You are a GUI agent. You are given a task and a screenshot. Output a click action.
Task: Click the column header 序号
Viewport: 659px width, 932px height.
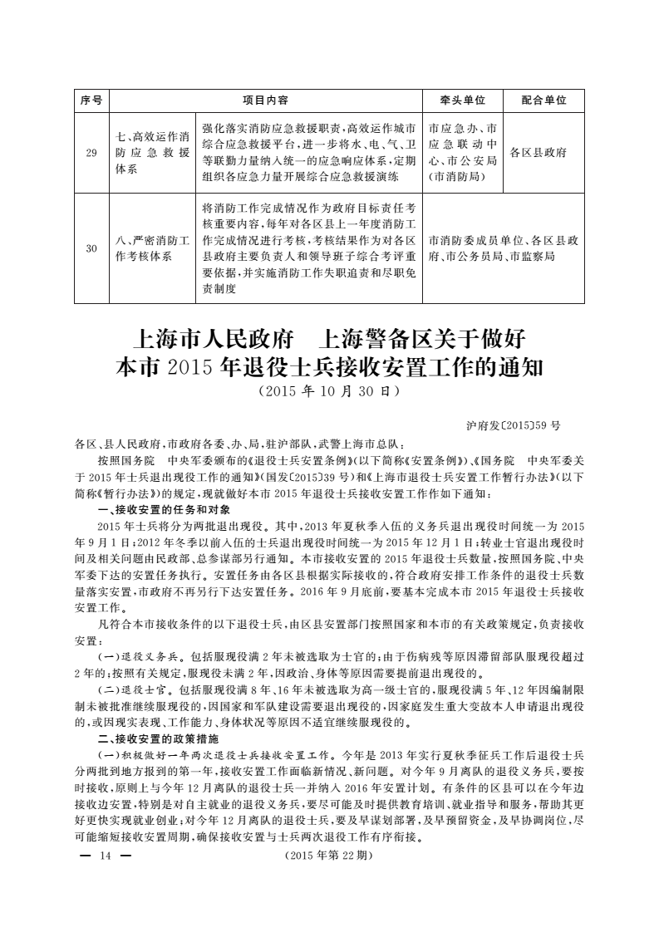coord(91,100)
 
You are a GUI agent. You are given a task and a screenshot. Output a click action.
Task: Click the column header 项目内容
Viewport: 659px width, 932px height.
coord(265,100)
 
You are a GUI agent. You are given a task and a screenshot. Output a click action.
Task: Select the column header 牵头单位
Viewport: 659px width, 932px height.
coord(462,100)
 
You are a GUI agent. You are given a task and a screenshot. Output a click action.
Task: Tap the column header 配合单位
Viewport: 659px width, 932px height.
coord(543,100)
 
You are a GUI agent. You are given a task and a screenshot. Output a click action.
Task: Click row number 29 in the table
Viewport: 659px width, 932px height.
coord(91,153)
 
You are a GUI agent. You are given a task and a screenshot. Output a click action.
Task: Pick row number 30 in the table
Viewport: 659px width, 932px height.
coord(91,248)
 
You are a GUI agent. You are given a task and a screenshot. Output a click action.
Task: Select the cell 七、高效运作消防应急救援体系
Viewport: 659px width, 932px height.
coord(152,153)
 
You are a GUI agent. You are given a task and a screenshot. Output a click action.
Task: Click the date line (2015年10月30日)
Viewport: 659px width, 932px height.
coord(330,389)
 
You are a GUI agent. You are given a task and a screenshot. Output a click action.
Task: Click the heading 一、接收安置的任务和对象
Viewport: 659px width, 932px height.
coord(158,509)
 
